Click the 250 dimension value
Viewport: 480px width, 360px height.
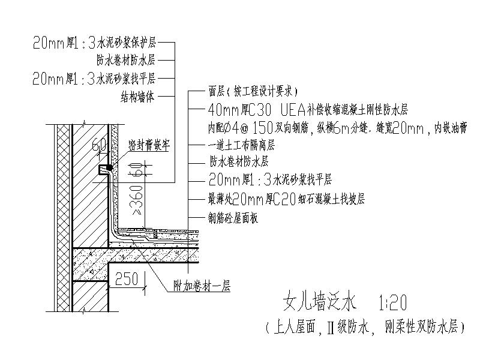click(127, 278)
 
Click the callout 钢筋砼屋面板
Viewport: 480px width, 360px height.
click(233, 219)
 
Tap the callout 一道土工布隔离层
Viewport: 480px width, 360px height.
click(241, 145)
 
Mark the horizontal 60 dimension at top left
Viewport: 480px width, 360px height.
click(99, 144)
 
